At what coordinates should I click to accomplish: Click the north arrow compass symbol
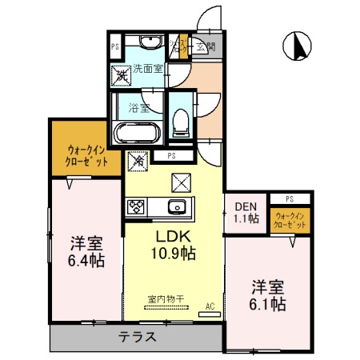297,46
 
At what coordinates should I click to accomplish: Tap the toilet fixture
181,121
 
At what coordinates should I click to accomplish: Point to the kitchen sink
177,207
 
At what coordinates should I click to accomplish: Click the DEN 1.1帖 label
246,211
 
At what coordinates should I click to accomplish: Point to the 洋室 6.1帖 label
266,295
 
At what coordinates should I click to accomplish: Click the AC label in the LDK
210,306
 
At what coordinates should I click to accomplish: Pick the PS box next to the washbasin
115,46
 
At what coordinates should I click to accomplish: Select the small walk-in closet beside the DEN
289,221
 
